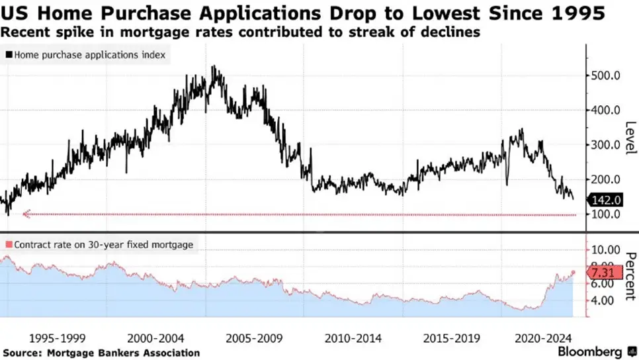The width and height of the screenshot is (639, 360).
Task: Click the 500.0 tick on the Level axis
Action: (x=605, y=75)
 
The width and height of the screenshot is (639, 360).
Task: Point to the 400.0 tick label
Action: (x=605, y=110)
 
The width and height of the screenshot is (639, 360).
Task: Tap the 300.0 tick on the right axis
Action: (x=605, y=145)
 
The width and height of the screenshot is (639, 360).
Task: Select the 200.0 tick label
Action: (x=605, y=179)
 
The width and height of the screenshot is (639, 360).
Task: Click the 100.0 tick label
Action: (x=605, y=214)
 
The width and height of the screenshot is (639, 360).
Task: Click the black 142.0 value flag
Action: (x=605, y=200)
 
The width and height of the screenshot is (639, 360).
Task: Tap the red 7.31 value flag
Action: (x=605, y=272)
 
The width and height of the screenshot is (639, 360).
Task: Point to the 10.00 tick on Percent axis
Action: (x=605, y=250)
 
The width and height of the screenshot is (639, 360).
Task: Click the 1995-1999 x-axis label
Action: (x=58, y=338)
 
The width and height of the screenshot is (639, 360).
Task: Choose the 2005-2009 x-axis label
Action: (x=254, y=338)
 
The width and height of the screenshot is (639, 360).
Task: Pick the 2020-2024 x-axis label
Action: (x=543, y=338)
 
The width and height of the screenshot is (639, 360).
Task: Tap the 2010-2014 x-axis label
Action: (x=353, y=338)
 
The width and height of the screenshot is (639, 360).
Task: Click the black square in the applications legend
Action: (x=9, y=55)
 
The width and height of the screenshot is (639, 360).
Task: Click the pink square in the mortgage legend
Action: (x=9, y=245)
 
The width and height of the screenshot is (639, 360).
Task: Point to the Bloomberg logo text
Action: (x=589, y=351)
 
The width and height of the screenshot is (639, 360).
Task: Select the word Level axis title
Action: (x=630, y=138)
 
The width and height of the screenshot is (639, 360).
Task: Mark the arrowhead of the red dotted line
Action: (x=26, y=214)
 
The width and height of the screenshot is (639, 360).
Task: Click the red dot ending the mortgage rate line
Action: (x=574, y=272)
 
